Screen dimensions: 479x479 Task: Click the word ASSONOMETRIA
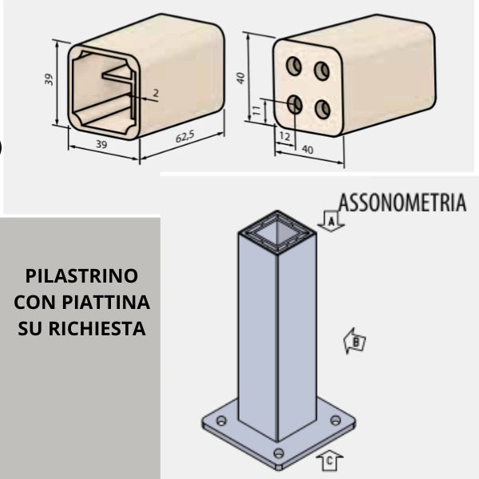[402, 201]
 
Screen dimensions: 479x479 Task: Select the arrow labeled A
[331, 221]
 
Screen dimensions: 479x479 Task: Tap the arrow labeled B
[354, 342]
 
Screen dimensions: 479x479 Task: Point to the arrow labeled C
[330, 461]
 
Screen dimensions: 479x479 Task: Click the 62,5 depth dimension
[184, 137]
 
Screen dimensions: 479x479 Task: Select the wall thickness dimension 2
[155, 93]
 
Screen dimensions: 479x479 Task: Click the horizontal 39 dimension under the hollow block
[101, 144]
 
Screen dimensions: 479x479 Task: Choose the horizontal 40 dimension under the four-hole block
[307, 148]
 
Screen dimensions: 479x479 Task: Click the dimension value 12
[285, 136]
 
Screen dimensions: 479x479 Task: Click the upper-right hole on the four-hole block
[322, 71]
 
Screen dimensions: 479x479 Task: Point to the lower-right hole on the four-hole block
[322, 109]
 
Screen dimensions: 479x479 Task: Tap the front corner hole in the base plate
[278, 453]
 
